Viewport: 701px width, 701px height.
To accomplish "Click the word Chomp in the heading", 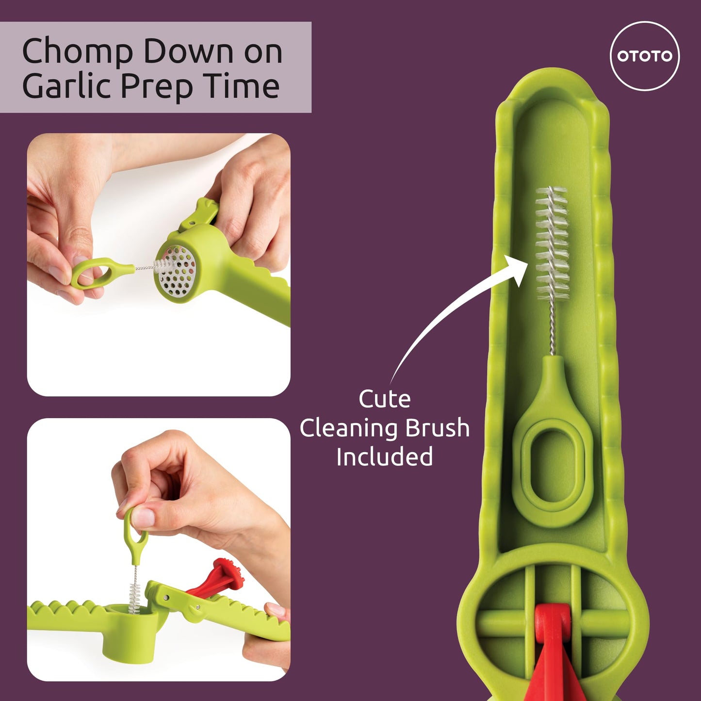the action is coord(78,51).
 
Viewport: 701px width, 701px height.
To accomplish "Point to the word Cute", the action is coord(385,399).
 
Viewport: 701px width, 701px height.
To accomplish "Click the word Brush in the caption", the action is coord(437,428).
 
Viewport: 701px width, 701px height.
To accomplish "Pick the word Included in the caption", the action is coord(385,456).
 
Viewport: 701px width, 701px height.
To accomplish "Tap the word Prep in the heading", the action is coord(156,87).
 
